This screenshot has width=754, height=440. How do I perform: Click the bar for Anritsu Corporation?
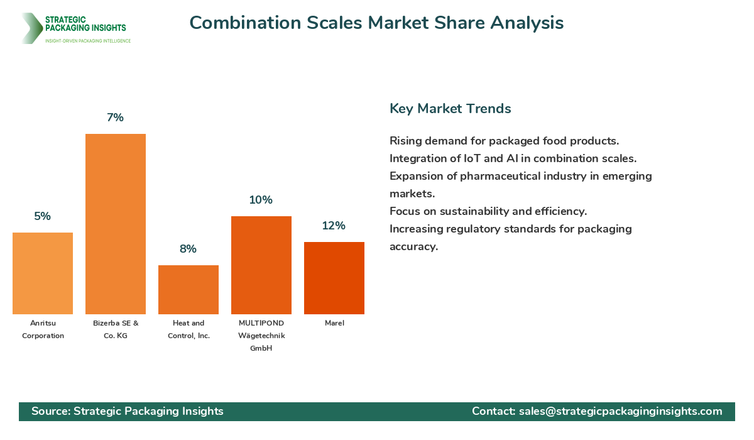pos(43,273)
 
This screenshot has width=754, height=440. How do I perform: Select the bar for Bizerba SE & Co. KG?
pos(116,224)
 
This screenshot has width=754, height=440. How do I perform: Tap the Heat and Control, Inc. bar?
pos(188,290)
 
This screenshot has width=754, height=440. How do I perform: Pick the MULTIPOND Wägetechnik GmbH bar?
pos(261,265)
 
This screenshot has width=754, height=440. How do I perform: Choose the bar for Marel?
pos(334,278)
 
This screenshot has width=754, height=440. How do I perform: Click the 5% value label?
pos(43,216)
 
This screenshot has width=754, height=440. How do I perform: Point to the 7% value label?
pos(116,118)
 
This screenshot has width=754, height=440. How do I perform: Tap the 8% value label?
pos(188,249)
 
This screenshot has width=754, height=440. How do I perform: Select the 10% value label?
pos(261,200)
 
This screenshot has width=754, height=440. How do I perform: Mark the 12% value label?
pos(334,226)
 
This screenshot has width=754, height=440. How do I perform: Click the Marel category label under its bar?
pos(334,323)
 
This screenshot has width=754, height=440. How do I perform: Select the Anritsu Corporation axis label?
pos(43,329)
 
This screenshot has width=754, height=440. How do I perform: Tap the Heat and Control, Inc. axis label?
pos(188,329)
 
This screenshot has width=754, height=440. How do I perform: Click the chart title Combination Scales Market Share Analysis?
pos(376,23)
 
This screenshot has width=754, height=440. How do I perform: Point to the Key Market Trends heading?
pos(450,109)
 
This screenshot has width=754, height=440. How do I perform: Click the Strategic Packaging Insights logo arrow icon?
pos(31,28)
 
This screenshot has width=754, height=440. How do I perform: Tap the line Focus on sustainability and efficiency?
pos(488,211)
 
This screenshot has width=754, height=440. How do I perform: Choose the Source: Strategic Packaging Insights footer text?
pos(128,411)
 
